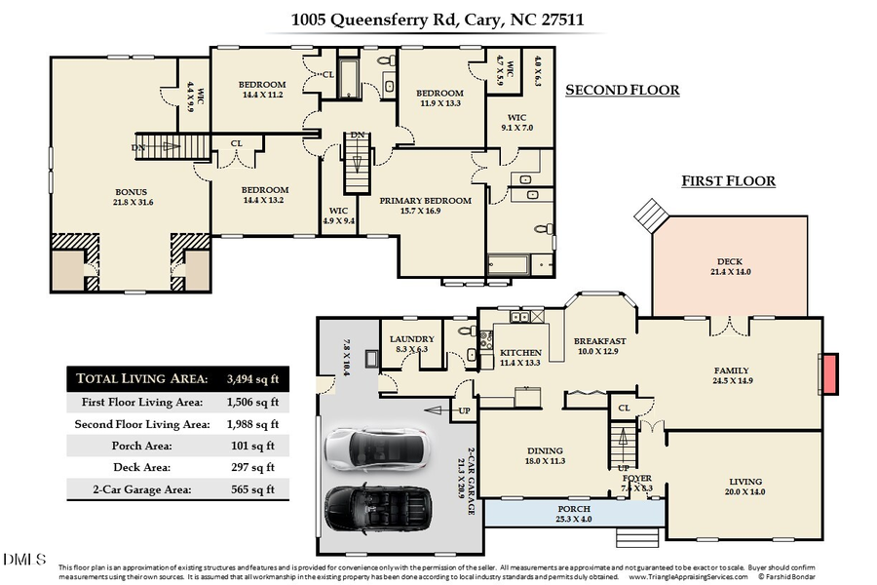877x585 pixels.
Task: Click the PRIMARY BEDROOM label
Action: (x=425, y=201)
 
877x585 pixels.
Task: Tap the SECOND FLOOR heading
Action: (x=622, y=91)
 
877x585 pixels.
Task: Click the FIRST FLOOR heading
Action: (x=728, y=181)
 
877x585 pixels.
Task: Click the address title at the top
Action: (x=438, y=19)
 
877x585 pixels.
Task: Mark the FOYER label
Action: (x=637, y=478)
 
